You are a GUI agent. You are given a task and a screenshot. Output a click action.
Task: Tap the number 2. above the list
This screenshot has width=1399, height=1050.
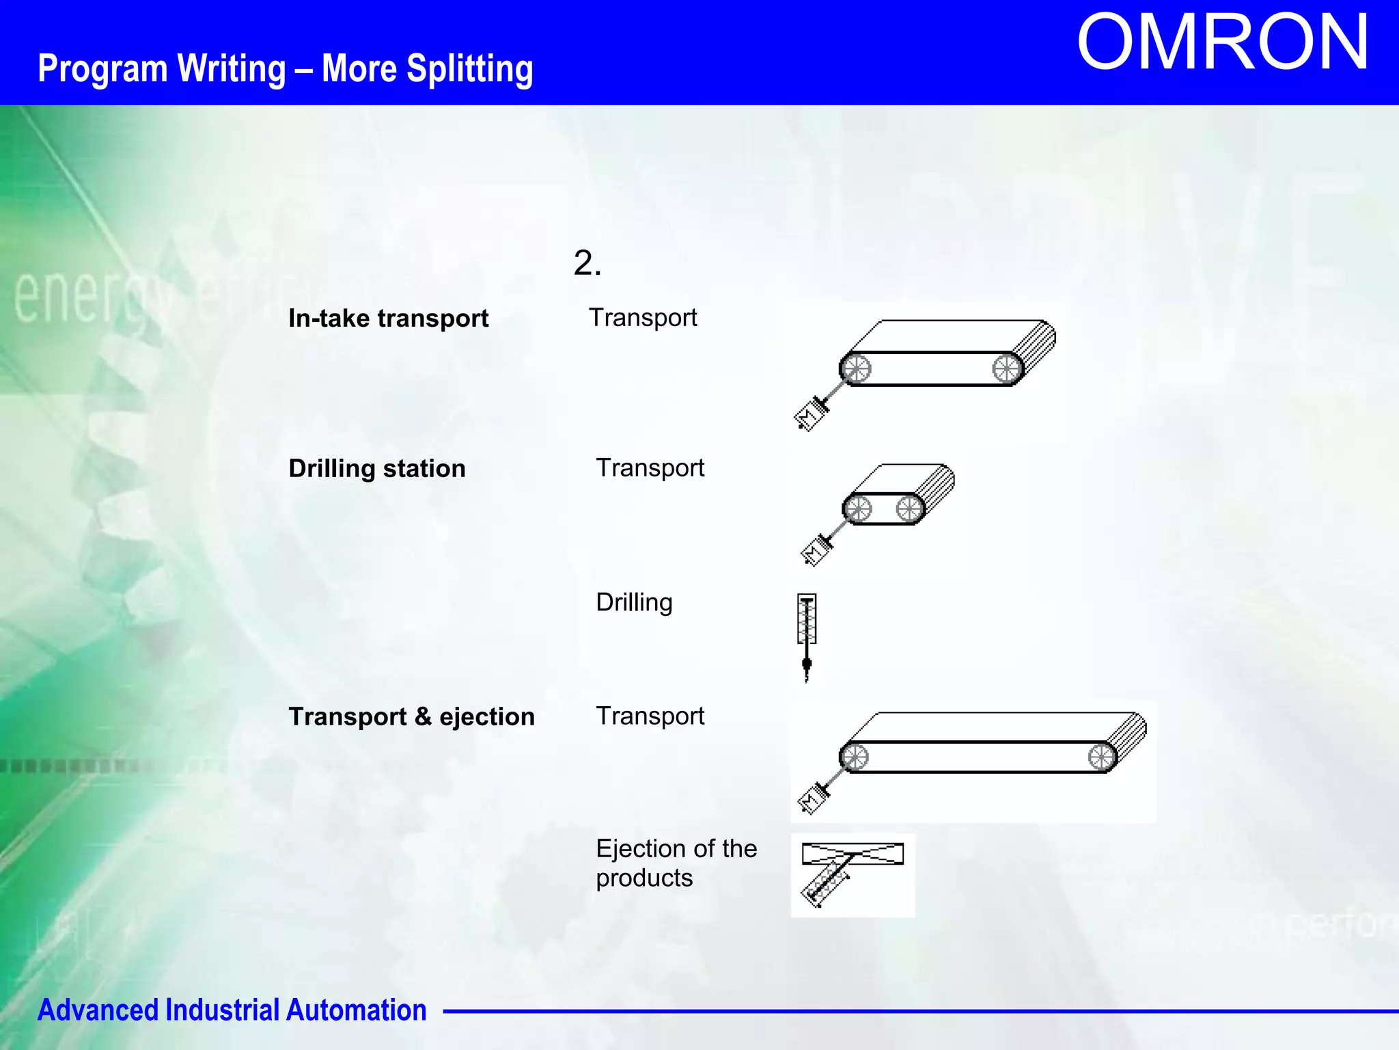point(587,263)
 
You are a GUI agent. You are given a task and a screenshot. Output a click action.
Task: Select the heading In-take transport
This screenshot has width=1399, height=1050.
point(388,319)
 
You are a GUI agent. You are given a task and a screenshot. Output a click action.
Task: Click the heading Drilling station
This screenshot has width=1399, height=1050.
point(377,469)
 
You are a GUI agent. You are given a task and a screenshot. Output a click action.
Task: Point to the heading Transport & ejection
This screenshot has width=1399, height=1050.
point(411,717)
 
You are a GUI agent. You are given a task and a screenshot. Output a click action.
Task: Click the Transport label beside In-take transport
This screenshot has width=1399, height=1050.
point(643,318)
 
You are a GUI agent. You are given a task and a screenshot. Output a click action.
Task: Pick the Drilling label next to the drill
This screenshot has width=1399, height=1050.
point(634,603)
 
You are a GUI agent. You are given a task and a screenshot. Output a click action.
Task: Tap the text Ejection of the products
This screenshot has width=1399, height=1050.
point(676,863)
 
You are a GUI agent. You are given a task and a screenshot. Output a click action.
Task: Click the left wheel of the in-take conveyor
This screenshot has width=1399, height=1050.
point(856,369)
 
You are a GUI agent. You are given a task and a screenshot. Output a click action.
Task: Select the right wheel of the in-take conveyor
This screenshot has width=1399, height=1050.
point(1006,369)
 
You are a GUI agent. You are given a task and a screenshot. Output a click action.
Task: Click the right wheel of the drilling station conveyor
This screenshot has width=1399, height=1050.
point(909,509)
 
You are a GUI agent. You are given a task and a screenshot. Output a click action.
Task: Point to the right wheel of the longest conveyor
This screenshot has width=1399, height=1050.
point(1101,757)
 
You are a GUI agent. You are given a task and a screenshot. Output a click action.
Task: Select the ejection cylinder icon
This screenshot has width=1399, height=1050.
point(827,883)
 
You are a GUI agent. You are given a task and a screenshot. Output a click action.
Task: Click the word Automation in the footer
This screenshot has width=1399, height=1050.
point(356,1010)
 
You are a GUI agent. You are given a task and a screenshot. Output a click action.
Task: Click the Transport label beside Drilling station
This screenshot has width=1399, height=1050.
point(650,468)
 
